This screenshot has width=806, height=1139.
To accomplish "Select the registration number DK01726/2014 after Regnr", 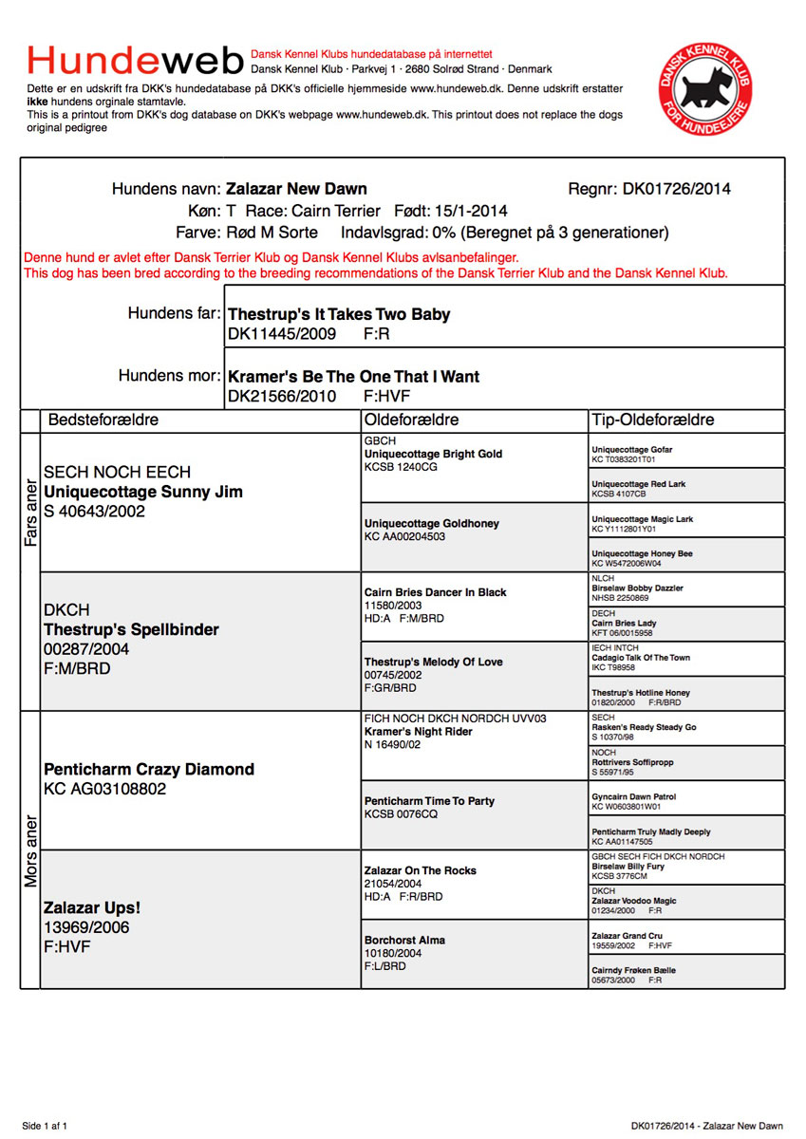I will [677, 189].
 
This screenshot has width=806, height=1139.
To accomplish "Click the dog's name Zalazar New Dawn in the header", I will [296, 189].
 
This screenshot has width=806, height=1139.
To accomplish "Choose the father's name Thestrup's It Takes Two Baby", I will [339, 314].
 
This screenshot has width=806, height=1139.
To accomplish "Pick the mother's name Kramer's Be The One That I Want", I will [354, 377].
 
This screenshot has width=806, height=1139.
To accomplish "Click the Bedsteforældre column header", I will [103, 420].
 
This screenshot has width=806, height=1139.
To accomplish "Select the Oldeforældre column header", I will [412, 420].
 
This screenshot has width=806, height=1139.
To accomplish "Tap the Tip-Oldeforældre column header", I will [653, 420].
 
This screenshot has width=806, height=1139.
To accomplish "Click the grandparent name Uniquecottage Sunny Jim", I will [143, 492].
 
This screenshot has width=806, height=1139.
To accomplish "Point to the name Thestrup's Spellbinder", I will [131, 629].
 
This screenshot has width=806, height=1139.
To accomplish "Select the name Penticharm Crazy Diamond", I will [149, 769].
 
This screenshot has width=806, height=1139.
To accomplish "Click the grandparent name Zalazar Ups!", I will [92, 907].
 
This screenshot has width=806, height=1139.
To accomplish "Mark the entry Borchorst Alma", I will [404, 940].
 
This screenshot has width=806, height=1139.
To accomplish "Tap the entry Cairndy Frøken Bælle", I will [634, 970].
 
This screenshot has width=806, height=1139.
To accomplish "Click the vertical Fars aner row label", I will [30, 512].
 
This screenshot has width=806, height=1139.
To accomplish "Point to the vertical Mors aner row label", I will [30, 850].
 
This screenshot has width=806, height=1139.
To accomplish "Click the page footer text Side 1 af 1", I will [45, 1126].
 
